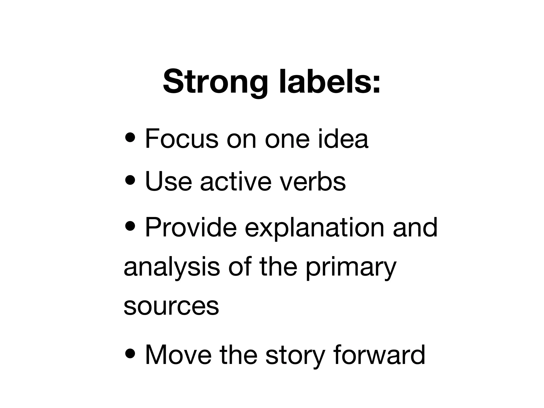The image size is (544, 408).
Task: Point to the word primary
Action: tap(351, 268)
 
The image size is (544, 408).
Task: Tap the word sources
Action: tap(171, 306)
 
